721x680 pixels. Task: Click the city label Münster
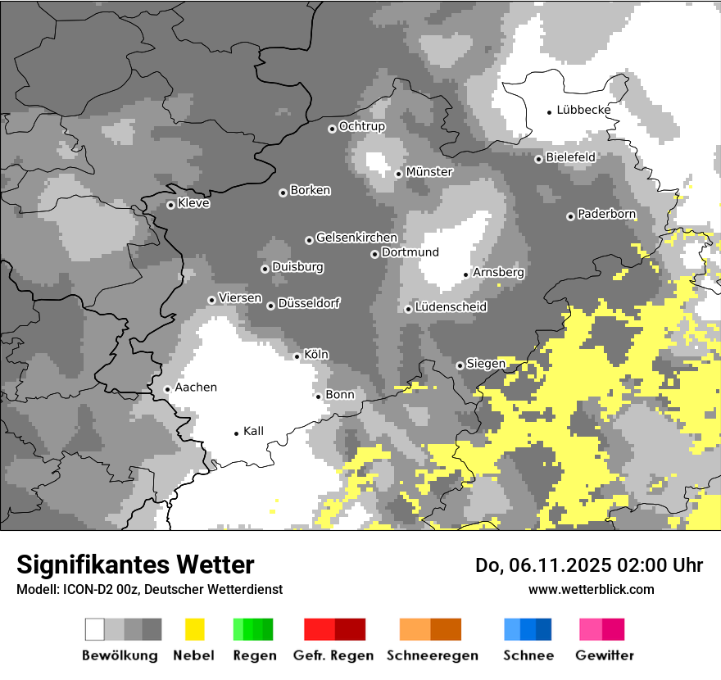click(429, 172)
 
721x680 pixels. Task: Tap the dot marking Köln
click(297, 356)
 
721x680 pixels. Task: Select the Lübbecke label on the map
click(583, 110)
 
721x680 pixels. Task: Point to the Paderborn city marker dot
click(570, 216)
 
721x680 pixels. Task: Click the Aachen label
click(196, 388)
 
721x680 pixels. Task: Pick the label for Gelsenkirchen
click(356, 238)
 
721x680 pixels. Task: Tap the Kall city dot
click(237, 433)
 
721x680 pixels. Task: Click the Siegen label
click(486, 364)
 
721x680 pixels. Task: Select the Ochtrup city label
click(361, 126)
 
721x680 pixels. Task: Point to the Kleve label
click(193, 203)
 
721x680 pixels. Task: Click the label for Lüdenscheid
click(451, 307)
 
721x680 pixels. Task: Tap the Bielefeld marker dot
click(538, 159)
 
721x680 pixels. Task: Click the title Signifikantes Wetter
click(135, 564)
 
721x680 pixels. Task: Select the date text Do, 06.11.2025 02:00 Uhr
click(589, 565)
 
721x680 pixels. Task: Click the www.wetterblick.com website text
click(591, 589)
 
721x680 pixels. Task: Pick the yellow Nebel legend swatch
click(194, 629)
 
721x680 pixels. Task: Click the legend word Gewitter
click(605, 655)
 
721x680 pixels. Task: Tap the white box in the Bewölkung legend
click(95, 629)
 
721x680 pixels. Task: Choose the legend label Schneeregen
click(432, 655)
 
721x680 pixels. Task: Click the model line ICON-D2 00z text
click(149, 589)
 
